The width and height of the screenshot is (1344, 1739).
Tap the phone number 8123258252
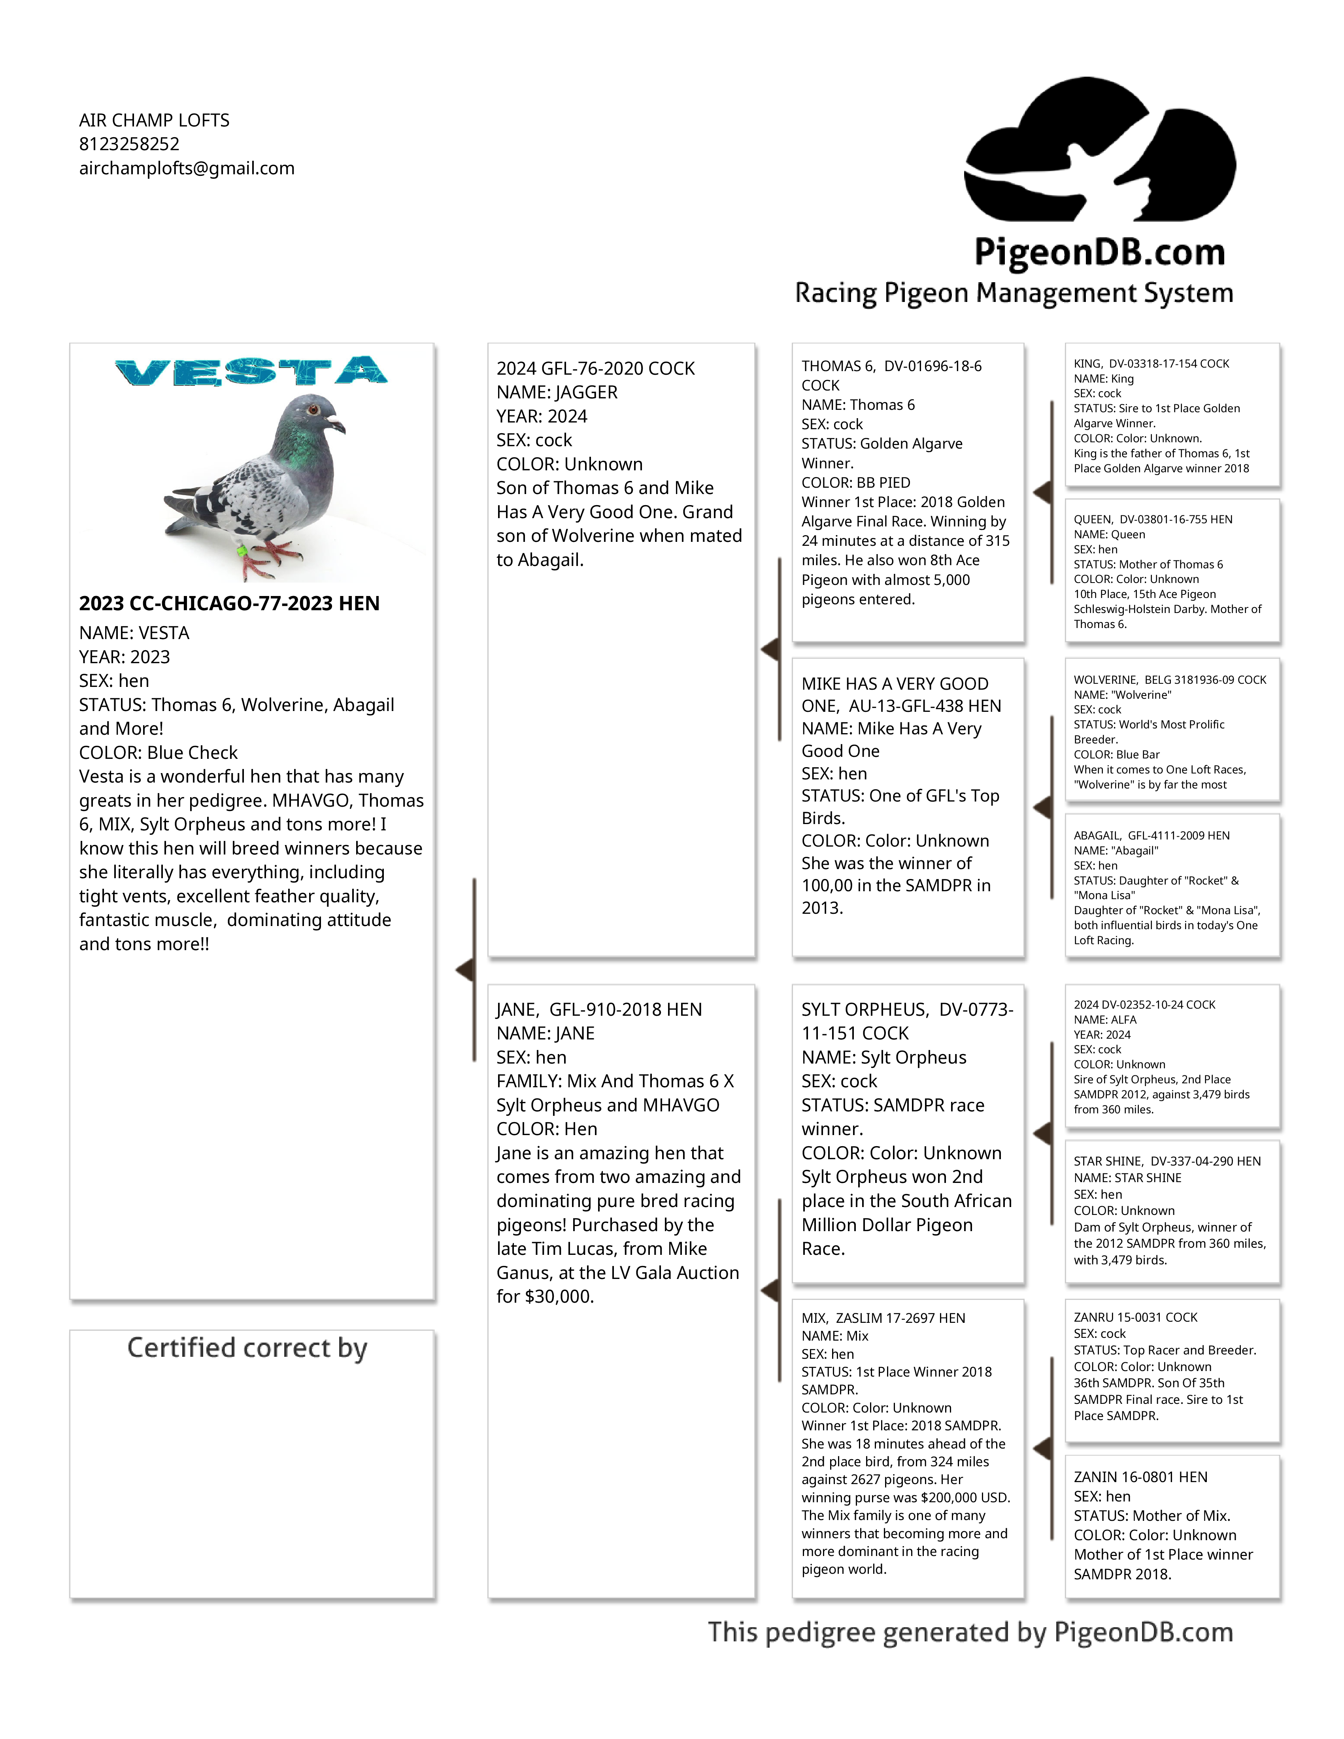click(x=129, y=144)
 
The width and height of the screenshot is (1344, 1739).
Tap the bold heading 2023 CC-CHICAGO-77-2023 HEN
click(x=229, y=604)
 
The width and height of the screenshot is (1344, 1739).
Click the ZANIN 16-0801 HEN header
click(x=1140, y=1477)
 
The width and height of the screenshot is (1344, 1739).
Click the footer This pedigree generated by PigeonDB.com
click(x=970, y=1632)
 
